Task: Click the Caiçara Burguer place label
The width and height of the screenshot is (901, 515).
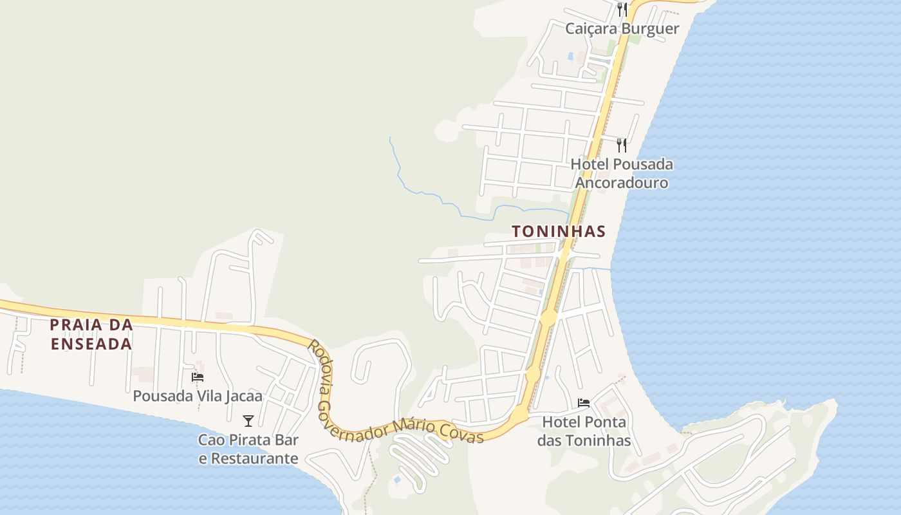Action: pos(622,28)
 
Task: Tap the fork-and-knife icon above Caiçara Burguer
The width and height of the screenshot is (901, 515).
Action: pos(622,9)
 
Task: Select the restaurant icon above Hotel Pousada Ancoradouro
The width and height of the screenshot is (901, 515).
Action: pos(621,145)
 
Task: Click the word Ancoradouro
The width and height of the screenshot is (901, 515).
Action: pos(621,183)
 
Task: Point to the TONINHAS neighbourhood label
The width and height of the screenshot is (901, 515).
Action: pos(559,231)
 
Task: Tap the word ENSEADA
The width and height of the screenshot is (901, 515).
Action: pos(91,344)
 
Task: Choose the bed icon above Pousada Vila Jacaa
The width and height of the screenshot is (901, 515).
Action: pos(198,377)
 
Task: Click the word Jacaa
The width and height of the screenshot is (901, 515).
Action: pos(244,395)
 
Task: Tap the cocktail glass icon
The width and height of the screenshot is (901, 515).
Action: pos(248,421)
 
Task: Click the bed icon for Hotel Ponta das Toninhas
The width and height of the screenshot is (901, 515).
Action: pos(584,403)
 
